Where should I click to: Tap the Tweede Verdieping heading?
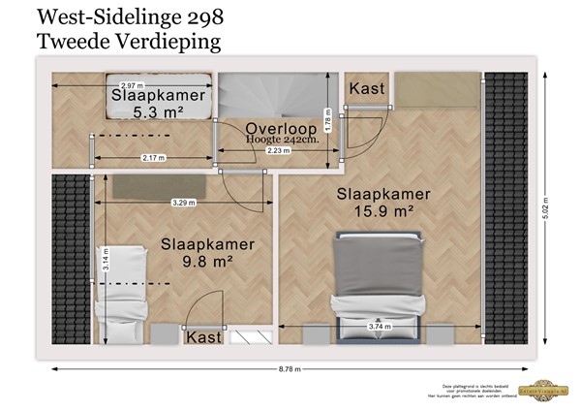[127, 41]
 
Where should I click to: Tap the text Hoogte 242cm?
[283, 141]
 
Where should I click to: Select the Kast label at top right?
[367, 88]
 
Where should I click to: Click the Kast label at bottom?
[203, 337]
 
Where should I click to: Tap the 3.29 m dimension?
[182, 203]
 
